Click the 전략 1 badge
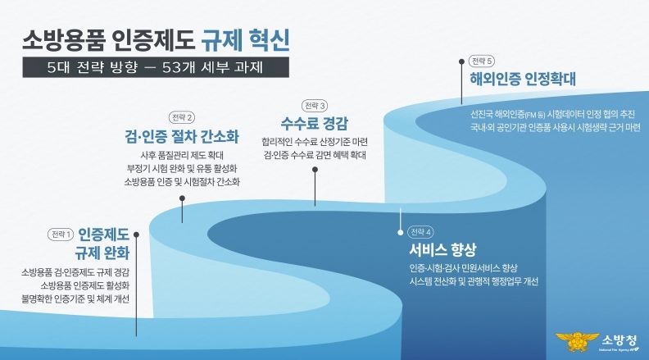click(x=61, y=235)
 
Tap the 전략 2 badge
click(x=182, y=117)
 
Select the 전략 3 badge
click(x=315, y=106)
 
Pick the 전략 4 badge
click(x=420, y=232)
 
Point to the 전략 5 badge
click(x=482, y=62)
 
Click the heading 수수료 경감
click(x=315, y=124)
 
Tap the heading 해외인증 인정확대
click(x=522, y=79)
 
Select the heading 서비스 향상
click(x=442, y=250)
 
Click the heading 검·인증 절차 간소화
click(x=182, y=136)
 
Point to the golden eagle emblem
click(x=577, y=342)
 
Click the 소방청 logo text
click(x=619, y=340)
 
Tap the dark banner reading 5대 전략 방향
click(x=156, y=67)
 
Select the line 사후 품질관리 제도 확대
click(x=182, y=155)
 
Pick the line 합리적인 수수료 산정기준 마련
click(x=315, y=142)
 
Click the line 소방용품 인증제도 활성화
click(x=85, y=285)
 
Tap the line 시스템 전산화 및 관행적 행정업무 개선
click(x=474, y=282)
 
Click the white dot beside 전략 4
click(x=400, y=232)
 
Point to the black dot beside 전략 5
click(x=461, y=62)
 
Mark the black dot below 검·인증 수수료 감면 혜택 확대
click(x=315, y=170)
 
